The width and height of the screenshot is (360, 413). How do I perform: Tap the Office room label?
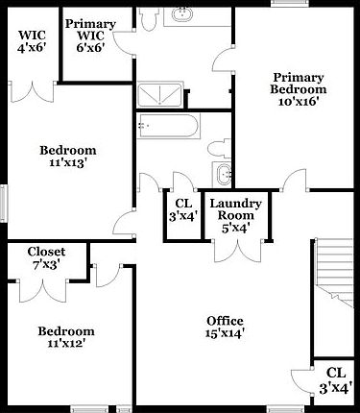coord(226,327)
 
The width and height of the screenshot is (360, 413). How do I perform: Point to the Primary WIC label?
coord(90,36)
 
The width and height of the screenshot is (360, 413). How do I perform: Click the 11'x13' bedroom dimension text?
coord(67,163)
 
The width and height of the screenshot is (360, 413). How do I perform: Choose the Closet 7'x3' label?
coord(45,257)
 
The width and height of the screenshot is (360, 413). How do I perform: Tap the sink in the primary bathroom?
coord(182,15)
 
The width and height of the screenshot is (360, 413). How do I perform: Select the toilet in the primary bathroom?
coord(148,19)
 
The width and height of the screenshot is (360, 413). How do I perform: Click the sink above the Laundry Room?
coord(223,175)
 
